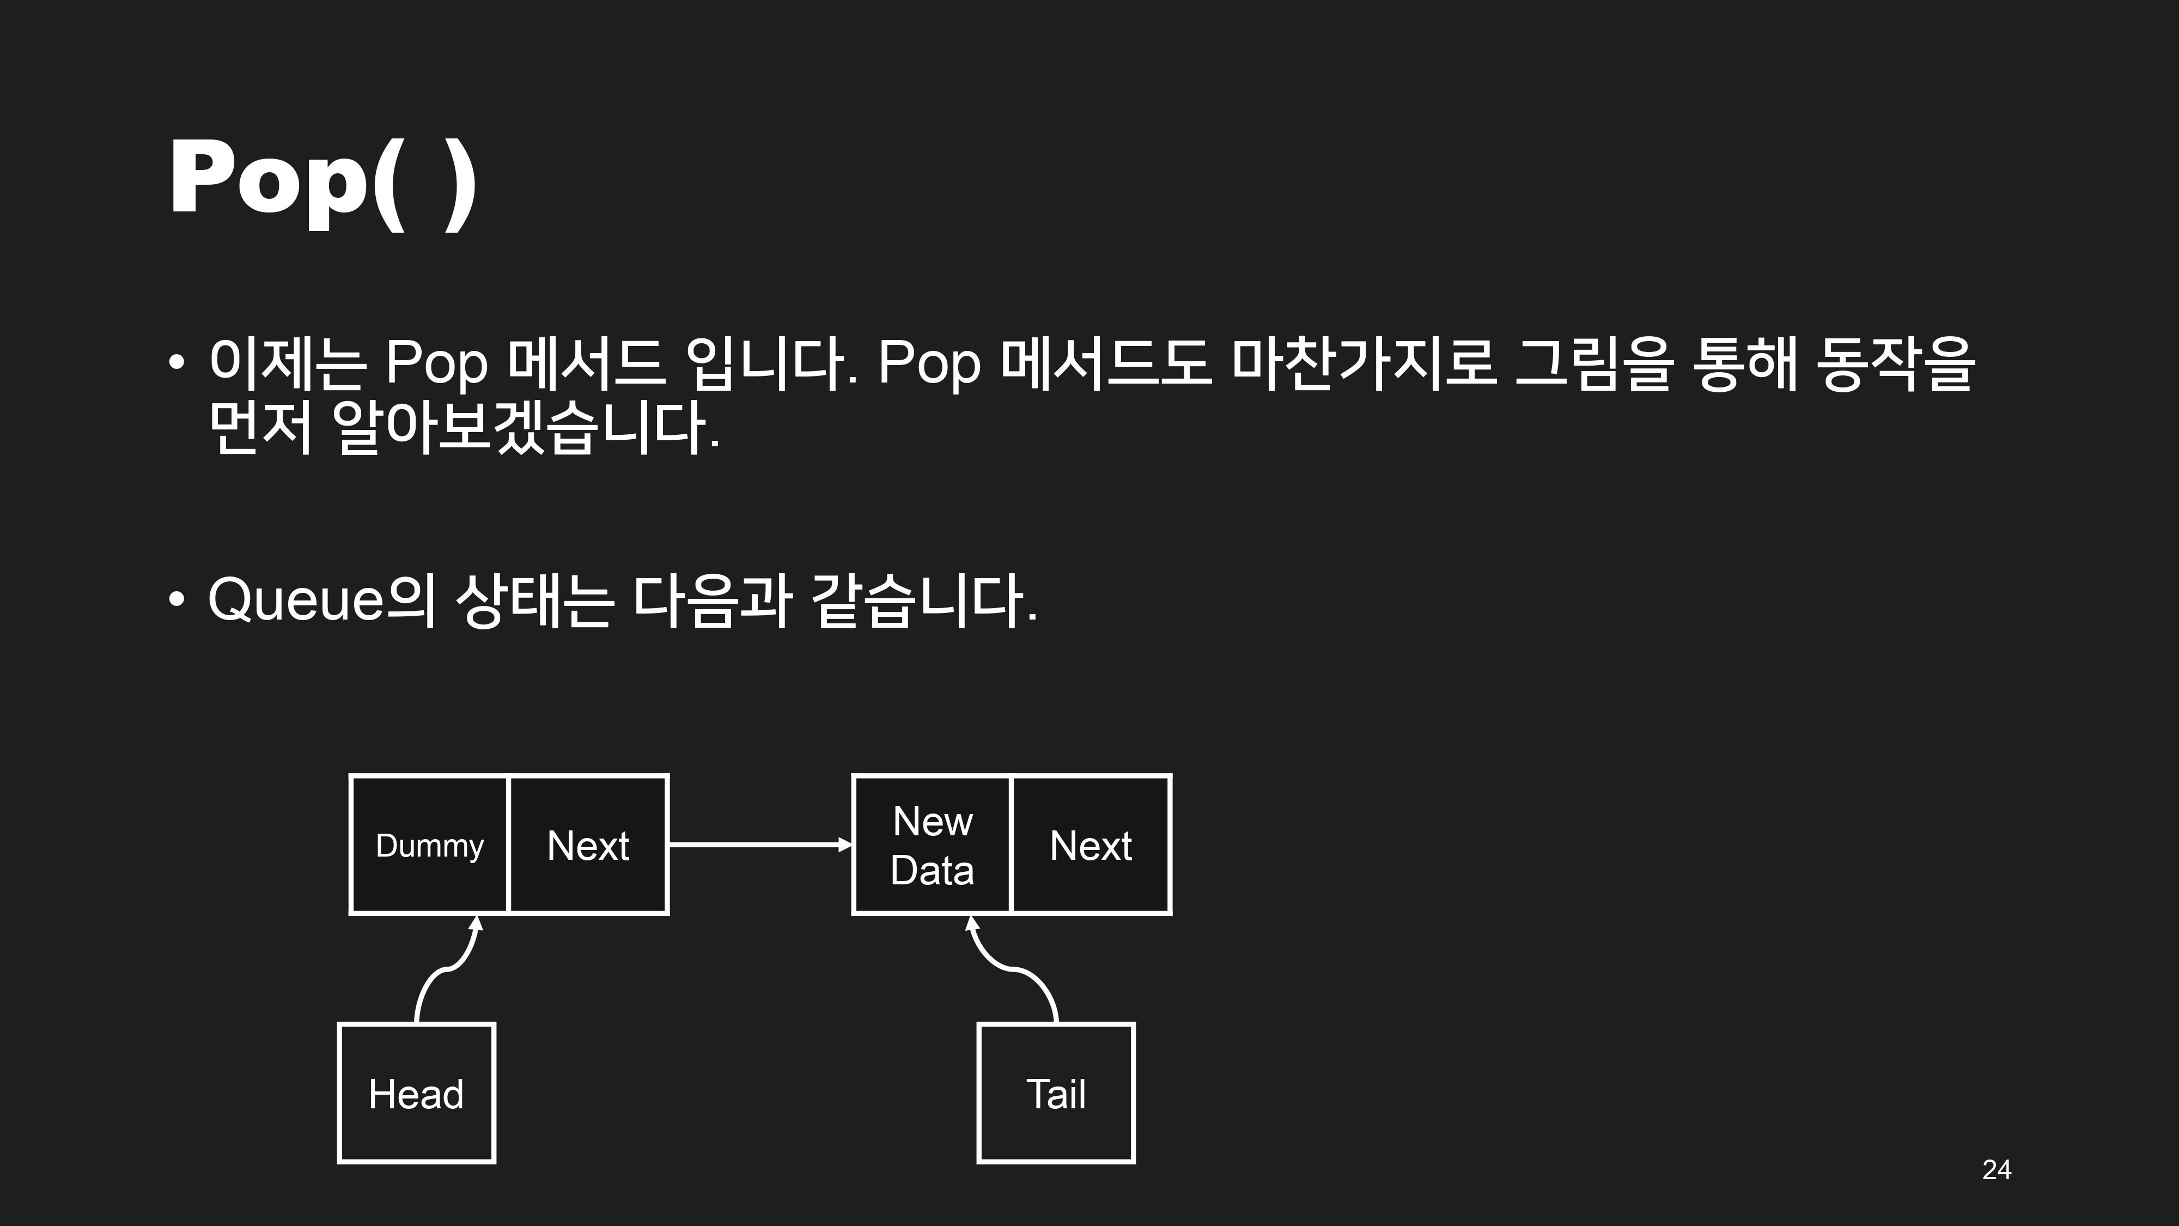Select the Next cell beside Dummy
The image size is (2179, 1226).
[x=588, y=845]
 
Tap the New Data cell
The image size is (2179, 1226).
[x=932, y=845]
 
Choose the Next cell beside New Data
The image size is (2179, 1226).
[x=1091, y=845]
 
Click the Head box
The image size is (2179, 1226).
[x=416, y=1093]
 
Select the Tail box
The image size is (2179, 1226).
[x=1056, y=1093]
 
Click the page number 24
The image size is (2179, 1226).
[x=1997, y=1169]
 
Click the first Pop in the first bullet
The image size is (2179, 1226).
[x=436, y=362]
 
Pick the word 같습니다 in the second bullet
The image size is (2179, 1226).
[x=922, y=600]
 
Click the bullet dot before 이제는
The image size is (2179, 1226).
[x=176, y=362]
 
